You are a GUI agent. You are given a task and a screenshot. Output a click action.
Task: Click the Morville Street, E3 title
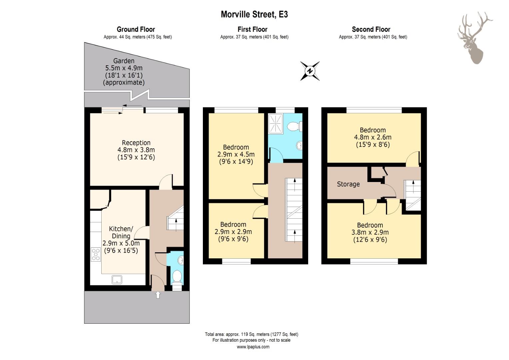coord(254,14)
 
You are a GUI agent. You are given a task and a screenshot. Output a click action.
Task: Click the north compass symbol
coord(310,71)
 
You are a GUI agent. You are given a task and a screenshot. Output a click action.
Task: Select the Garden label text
coord(124,61)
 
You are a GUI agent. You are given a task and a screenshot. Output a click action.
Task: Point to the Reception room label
coord(136,143)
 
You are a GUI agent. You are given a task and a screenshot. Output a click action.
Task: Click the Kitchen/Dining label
coord(121,232)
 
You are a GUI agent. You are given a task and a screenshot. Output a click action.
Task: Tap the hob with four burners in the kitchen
coord(96,254)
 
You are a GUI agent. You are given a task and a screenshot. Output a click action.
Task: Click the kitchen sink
coord(117,280)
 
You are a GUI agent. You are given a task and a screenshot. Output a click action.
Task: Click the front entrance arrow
coord(158,295)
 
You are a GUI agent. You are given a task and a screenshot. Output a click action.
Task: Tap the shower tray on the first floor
coord(275,124)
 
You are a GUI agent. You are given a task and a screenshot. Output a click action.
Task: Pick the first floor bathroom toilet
coord(294,126)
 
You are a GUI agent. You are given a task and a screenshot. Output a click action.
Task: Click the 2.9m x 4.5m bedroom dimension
coord(236,154)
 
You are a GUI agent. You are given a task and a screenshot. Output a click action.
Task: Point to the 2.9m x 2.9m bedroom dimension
coord(233,232)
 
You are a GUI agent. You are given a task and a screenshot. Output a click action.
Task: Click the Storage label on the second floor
coord(348,184)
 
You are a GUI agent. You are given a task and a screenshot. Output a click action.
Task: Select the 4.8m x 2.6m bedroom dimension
coord(373,137)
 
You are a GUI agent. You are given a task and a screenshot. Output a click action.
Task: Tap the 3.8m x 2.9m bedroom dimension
coord(370,232)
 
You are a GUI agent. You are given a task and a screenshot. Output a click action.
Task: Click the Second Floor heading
coord(371,29)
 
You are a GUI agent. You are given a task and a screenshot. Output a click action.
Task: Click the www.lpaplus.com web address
coord(253,347)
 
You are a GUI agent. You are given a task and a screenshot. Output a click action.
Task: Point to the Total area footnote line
coord(252,334)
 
